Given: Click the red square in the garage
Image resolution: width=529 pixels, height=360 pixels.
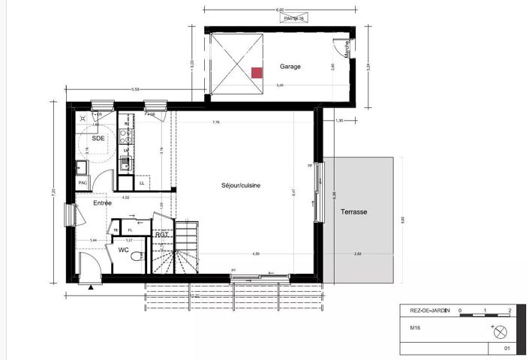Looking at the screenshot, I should coord(257,73).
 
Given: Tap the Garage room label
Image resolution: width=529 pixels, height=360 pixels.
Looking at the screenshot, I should coord(290,67).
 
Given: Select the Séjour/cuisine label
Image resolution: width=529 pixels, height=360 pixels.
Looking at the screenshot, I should coord(240,185).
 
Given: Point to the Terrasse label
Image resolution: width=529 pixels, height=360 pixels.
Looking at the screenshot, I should coord(352,212).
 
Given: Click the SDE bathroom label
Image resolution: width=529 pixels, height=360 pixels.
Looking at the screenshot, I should coord(98,139).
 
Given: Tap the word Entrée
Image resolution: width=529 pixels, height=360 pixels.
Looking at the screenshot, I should coord(102,203).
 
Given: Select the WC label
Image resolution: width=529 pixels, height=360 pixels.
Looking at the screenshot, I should coord(122,250).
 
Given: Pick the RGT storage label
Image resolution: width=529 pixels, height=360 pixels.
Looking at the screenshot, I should coord(161,235).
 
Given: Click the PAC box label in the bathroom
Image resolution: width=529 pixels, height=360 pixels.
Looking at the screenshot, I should coord(83,181).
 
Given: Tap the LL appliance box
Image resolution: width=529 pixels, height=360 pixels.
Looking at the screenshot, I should coord(143,181).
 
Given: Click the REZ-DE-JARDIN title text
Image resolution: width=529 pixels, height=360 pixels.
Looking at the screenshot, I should coord(425,311).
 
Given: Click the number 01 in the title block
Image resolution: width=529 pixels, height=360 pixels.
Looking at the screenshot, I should coord(506,349).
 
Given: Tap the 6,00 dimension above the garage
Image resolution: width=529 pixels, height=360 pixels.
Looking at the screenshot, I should coord(279,10).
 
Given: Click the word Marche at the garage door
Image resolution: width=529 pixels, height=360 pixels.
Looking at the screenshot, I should coord(347,49).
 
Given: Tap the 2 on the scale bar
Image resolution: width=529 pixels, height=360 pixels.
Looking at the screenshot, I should coord(509,310).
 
